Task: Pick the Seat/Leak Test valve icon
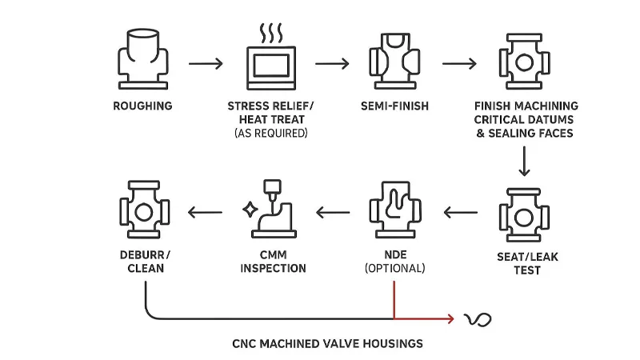click(524, 212)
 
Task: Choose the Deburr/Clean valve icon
click(143, 212)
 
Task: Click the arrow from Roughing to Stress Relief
click(206, 62)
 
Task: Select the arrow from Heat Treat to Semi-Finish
click(333, 62)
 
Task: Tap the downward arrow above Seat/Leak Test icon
click(524, 162)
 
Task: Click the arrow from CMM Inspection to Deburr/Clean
click(206, 213)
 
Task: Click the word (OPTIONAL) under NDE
click(394, 269)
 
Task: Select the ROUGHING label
click(142, 106)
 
